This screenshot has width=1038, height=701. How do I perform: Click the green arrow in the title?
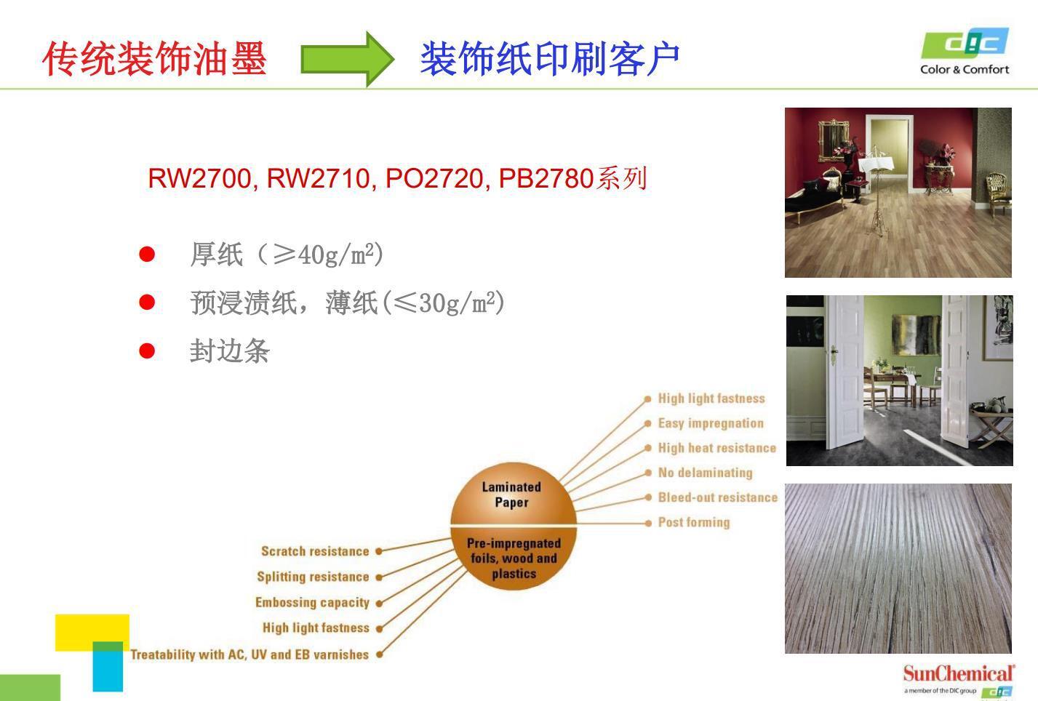coord(348,59)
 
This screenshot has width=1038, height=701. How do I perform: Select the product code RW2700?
coord(200,178)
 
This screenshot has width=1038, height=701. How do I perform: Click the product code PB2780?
coord(546,178)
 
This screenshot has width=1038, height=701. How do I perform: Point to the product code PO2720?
coord(434,178)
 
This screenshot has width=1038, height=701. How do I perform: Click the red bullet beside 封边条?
coord(147,350)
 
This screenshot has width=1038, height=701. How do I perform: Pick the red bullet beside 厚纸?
coord(147,254)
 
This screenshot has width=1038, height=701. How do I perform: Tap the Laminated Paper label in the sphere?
coord(511,494)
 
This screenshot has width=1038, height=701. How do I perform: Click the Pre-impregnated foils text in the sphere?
coord(514,558)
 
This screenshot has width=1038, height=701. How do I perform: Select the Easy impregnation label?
coord(711,423)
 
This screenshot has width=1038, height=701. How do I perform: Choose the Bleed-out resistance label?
coord(718,497)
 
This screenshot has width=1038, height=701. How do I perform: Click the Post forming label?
coord(694,522)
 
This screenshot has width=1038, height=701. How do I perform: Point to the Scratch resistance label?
coord(315,551)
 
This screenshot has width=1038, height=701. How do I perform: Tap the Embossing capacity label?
coord(312,602)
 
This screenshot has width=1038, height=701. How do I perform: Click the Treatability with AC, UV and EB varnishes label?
coord(249,654)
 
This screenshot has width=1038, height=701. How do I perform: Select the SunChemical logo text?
coord(959,673)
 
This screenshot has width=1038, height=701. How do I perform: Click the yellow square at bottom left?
coord(92,633)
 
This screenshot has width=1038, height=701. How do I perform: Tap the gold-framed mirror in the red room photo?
coord(833,141)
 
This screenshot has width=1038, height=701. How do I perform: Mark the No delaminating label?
coord(706,473)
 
